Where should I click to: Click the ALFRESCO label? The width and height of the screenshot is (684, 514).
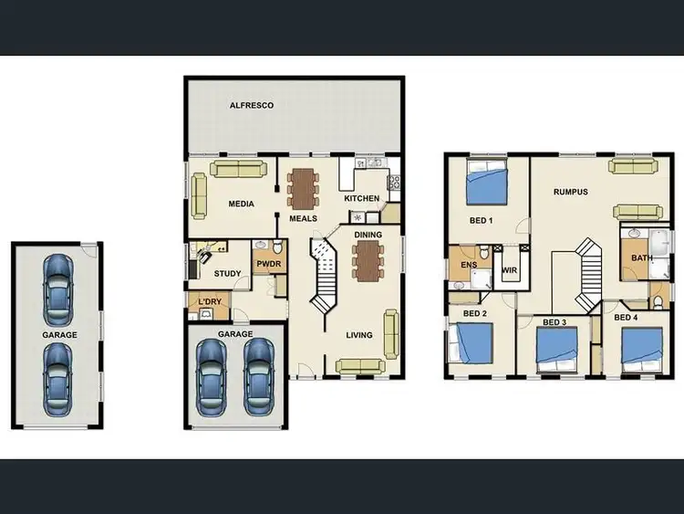(x=252, y=106)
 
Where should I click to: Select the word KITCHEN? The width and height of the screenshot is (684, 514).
(x=361, y=198)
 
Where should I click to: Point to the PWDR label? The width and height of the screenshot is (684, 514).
(x=268, y=266)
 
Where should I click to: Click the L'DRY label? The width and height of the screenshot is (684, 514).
(x=209, y=301)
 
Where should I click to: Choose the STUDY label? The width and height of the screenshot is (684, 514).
(x=227, y=274)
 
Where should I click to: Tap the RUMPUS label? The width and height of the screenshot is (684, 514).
(x=570, y=192)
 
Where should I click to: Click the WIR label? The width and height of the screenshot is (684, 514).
(x=510, y=270)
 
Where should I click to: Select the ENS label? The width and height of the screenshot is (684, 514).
(x=469, y=266)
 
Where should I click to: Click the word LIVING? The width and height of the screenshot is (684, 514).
(x=359, y=335)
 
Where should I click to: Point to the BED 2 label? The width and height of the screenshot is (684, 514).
(x=475, y=314)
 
